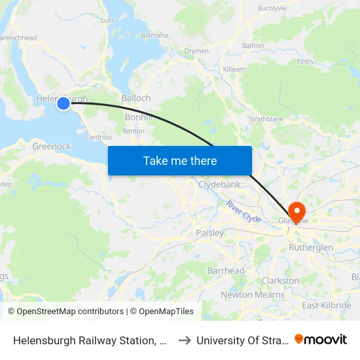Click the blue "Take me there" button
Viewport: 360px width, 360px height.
pyautogui.click(x=180, y=160)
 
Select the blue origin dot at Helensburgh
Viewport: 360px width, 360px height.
pyautogui.click(x=63, y=103)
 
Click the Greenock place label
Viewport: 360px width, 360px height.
pyautogui.click(x=52, y=146)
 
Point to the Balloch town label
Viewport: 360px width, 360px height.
pyautogui.click(x=135, y=98)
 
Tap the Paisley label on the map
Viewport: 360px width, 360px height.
pyautogui.click(x=209, y=232)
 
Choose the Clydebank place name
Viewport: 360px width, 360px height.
pyautogui.click(x=219, y=185)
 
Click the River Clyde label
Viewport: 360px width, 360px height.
pyautogui.click(x=244, y=211)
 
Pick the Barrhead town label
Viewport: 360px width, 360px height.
pyautogui.click(x=226, y=270)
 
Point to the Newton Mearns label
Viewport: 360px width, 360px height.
pyautogui.click(x=252, y=295)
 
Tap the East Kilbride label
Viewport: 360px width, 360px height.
pyautogui.click(x=327, y=306)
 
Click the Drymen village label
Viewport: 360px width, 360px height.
pyautogui.click(x=196, y=50)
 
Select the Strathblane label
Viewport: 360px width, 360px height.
pyautogui.click(x=265, y=120)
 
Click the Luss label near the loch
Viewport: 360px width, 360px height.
pyautogui.click(x=108, y=20)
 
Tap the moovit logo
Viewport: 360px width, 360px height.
pyautogui.click(x=321, y=339)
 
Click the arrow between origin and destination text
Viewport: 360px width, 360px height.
pyautogui.click(x=185, y=340)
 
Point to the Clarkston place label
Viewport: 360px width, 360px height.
pyautogui.click(x=280, y=280)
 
